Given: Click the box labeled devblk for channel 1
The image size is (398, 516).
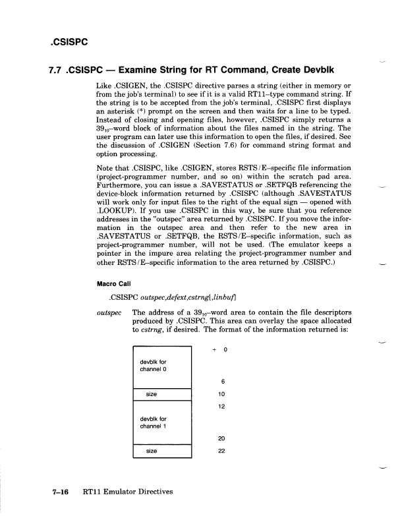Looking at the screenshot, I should pos(161,422).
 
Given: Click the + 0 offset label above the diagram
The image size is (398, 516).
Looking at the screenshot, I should pos(219,350).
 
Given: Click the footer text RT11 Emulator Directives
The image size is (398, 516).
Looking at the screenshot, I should pos(128,492).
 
